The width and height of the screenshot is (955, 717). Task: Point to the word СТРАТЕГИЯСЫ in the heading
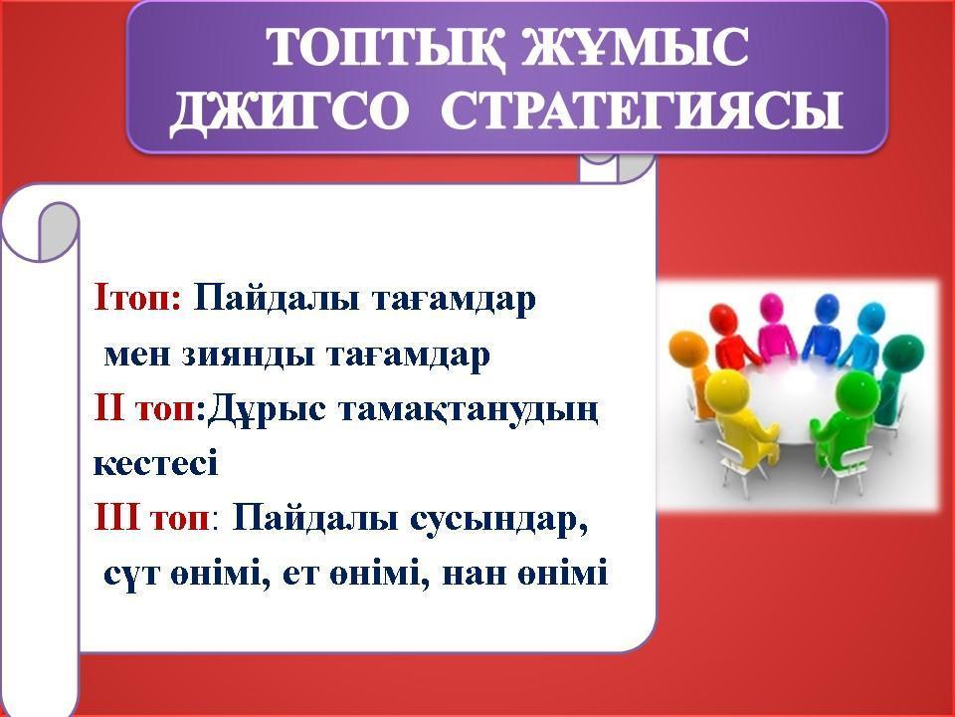pyautogui.click(x=642, y=110)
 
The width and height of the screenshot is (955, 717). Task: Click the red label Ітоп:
pyautogui.click(x=137, y=299)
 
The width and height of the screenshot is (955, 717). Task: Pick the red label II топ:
pyautogui.click(x=150, y=408)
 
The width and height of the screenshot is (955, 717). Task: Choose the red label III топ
pyautogui.click(x=151, y=519)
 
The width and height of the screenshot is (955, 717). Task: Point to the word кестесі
pyautogui.click(x=156, y=464)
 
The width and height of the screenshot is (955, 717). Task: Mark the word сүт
pyautogui.click(x=131, y=575)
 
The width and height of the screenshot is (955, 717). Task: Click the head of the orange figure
pyautogui.click(x=687, y=348)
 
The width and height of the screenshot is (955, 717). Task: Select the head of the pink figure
pyautogui.click(x=770, y=306)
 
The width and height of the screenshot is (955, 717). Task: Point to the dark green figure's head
pyautogui.click(x=902, y=353)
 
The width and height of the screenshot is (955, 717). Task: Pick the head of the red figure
pyautogui.click(x=724, y=320)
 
